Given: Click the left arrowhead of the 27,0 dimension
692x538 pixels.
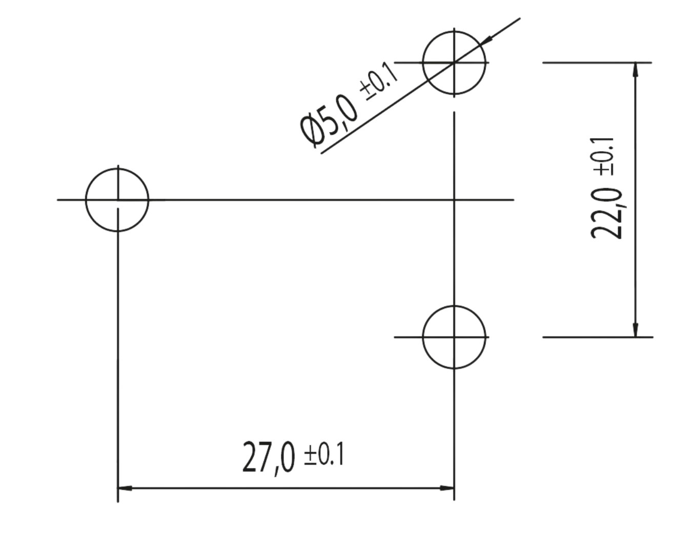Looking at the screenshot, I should tap(125, 488).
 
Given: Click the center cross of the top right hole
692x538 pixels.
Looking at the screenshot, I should tap(454, 63).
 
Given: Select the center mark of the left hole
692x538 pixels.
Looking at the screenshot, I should tap(118, 199).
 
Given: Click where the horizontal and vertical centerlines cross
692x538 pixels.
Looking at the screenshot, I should tap(454, 199).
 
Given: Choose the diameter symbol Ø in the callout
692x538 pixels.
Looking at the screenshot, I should tap(313, 132).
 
